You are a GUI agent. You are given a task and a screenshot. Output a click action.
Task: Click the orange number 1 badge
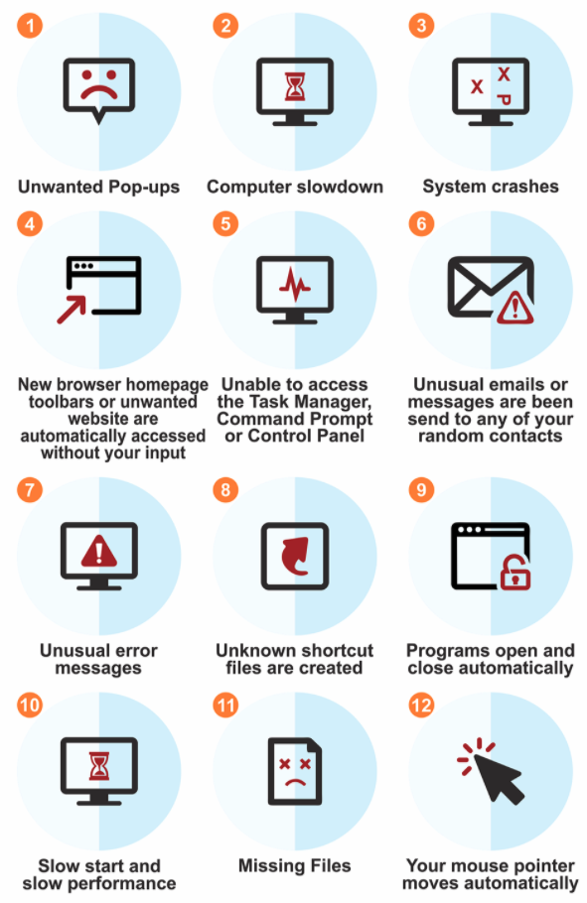pyautogui.click(x=30, y=26)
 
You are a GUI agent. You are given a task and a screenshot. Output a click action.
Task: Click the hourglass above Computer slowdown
pyautogui.click(x=295, y=85)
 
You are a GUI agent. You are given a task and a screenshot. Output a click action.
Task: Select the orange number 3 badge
pyautogui.click(x=421, y=26)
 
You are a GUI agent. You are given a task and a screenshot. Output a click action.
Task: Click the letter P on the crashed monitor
pyautogui.click(x=504, y=99)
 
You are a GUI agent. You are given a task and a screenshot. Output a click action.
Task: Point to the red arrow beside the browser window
pyautogui.click(x=72, y=310)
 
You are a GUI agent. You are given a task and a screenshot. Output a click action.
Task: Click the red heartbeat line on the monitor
pyautogui.click(x=295, y=284)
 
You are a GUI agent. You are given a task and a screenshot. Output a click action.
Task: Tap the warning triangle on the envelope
pyautogui.click(x=514, y=308)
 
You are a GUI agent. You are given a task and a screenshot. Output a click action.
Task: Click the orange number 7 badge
pyautogui.click(x=30, y=490)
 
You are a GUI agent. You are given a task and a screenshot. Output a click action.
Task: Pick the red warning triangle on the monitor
pyautogui.click(x=99, y=551)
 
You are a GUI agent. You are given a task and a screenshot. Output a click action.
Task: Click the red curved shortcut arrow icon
pyautogui.click(x=295, y=557)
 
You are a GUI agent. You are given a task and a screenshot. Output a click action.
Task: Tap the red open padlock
pyautogui.click(x=514, y=572)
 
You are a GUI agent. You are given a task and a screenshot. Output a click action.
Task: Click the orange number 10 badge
pyautogui.click(x=30, y=705)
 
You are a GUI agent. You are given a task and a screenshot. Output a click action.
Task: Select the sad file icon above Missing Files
pyautogui.click(x=295, y=771)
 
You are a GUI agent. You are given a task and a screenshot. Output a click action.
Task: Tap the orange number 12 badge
pyautogui.click(x=421, y=705)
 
